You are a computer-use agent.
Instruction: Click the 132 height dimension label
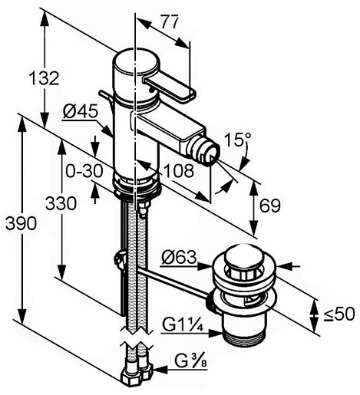[x=44, y=78]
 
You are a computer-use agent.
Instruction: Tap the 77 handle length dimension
[x=170, y=22]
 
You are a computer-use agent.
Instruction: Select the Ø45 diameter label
[x=81, y=111]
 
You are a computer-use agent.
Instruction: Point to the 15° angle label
[x=238, y=140]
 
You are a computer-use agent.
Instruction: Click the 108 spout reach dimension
[x=178, y=171]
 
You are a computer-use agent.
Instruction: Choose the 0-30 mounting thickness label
[x=84, y=171]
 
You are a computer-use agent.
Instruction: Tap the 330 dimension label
[x=61, y=203]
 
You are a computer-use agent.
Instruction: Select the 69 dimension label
[x=270, y=206]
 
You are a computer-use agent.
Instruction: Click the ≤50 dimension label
[x=339, y=314]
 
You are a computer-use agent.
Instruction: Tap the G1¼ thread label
[x=183, y=325]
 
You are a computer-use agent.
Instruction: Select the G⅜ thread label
[x=190, y=361]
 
